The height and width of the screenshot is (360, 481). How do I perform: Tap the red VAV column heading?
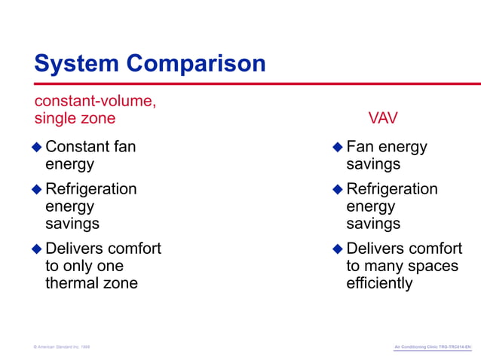pyautogui.click(x=383, y=118)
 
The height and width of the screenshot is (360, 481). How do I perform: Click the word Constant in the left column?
pyautogui.click(x=75, y=146)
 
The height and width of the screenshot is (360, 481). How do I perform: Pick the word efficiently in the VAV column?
pyautogui.click(x=379, y=283)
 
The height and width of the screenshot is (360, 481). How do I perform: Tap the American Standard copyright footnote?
pyautogui.click(x=62, y=346)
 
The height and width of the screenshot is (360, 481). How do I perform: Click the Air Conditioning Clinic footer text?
pyautogui.click(x=432, y=346)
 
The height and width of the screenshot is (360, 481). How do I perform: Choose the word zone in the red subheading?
pyautogui.click(x=99, y=118)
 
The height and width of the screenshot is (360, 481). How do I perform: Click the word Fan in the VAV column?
pyautogui.click(x=360, y=146)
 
